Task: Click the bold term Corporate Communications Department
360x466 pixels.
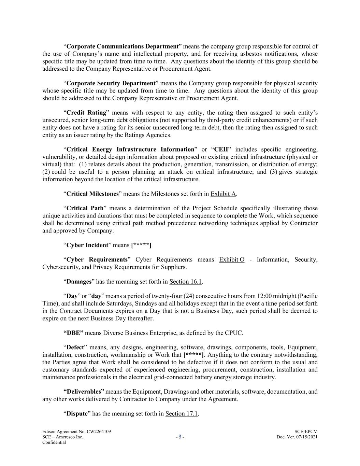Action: (x=123, y=46)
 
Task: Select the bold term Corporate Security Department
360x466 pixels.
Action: (x=111, y=83)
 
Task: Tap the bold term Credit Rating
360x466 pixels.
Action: (x=86, y=113)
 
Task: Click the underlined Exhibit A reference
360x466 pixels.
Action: (x=223, y=194)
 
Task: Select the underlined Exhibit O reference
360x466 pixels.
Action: (x=232, y=259)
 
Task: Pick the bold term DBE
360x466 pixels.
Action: (x=73, y=333)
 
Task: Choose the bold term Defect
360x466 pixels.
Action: (x=75, y=348)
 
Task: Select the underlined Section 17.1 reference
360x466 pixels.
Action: (x=182, y=414)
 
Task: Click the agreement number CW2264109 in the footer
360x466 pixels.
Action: (x=99, y=432)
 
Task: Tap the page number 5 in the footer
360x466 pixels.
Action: (x=180, y=437)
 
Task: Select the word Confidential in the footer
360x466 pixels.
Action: (x=54, y=442)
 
